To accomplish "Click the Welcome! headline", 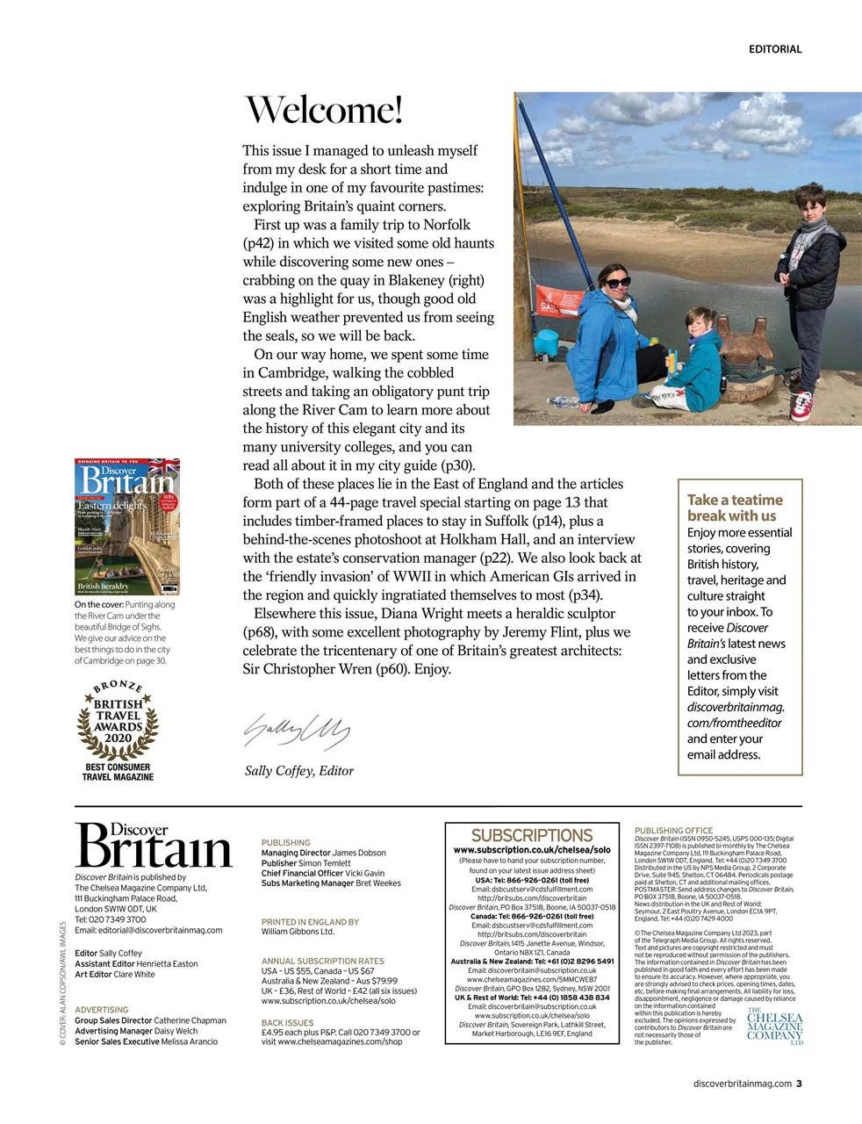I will [322, 111].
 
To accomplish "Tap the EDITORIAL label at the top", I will [774, 49].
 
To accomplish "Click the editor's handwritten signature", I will [296, 728].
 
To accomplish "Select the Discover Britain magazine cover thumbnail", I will [127, 527].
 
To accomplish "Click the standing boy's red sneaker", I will [801, 406].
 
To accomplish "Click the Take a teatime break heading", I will [734, 508].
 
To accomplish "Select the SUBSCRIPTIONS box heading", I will [532, 835].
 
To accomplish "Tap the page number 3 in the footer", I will [799, 1083].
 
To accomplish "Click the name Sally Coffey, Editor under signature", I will [298, 771].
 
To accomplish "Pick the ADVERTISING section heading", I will [101, 1010].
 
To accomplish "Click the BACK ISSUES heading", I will [287, 1023].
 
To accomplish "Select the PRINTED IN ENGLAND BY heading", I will [310, 922].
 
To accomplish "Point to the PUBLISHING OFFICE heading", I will [673, 830].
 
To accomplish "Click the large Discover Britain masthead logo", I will [153, 845].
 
